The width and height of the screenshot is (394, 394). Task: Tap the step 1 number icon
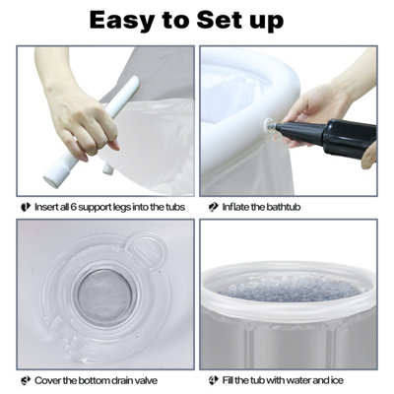[x=26, y=207]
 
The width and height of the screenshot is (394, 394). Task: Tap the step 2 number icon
[x=214, y=207]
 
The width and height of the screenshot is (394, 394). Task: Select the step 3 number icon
[x=26, y=381]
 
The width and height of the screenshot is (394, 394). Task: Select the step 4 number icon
[x=214, y=381]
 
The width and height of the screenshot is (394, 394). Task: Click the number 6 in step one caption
[x=74, y=207]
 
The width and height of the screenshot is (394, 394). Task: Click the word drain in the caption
[x=120, y=381]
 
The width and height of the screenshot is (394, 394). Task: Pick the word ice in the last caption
[x=337, y=381]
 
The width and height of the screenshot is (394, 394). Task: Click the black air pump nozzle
[x=292, y=132]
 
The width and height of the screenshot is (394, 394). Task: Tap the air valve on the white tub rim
[x=271, y=126]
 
